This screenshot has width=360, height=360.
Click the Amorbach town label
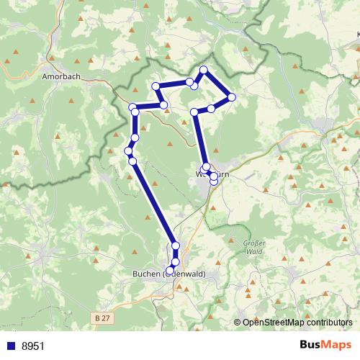(x=60, y=75)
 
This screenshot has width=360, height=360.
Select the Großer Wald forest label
(x=256, y=248)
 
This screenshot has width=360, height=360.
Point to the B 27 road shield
(x=103, y=316)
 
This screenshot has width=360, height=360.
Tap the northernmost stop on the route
(x=204, y=70)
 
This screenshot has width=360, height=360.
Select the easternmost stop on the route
(x=231, y=96)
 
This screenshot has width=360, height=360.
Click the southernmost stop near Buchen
(x=170, y=270)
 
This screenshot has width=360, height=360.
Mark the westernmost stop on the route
(x=128, y=150)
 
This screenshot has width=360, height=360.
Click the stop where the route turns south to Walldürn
(x=194, y=112)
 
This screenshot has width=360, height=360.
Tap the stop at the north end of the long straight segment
(x=132, y=161)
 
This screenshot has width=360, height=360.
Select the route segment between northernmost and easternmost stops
(x=217, y=84)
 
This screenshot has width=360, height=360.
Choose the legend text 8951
(x=33, y=346)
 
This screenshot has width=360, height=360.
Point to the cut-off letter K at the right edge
(x=357, y=33)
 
